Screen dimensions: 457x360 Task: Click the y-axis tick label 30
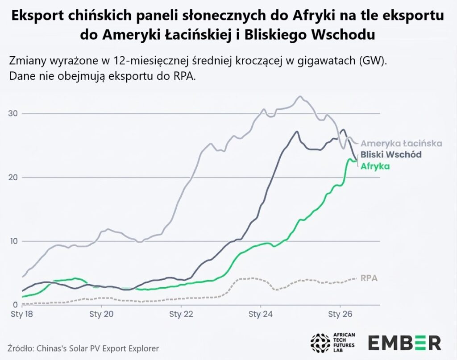(x=13, y=114)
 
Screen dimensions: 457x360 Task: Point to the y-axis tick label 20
(x=13, y=178)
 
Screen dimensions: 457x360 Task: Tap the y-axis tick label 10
(x=13, y=241)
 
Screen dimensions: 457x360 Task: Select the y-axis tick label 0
(x=16, y=305)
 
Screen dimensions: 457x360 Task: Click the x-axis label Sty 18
(x=22, y=314)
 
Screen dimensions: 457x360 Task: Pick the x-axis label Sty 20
(x=101, y=314)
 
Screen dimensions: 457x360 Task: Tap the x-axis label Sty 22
(x=181, y=314)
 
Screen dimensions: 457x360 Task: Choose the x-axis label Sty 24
(x=261, y=314)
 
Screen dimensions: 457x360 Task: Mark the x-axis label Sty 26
(x=340, y=314)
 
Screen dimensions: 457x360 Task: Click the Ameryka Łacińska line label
(x=401, y=143)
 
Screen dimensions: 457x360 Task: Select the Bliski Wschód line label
(x=391, y=154)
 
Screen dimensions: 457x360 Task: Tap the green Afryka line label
(x=375, y=166)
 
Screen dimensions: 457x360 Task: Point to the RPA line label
(x=369, y=278)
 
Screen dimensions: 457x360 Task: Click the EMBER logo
(x=405, y=343)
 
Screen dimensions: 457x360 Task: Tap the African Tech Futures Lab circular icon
(x=320, y=343)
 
